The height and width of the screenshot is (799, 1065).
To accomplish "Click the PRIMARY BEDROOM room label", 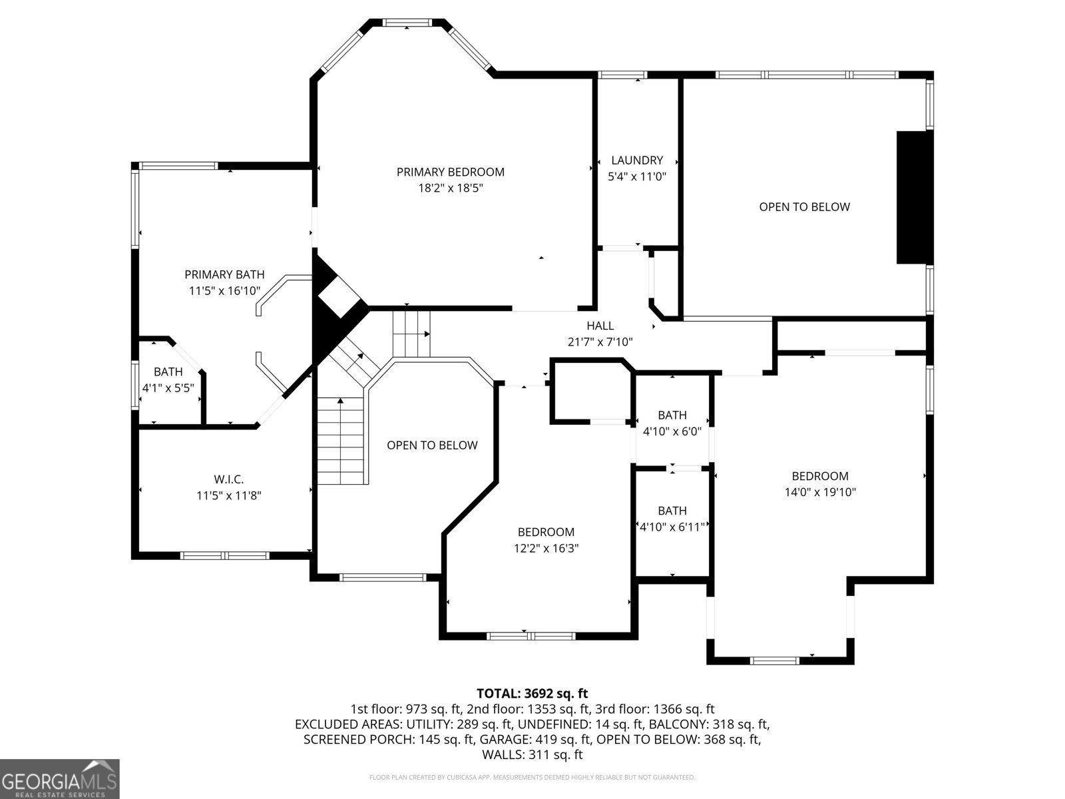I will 451,172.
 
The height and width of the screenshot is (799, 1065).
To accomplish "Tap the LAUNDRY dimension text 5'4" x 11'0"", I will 637,176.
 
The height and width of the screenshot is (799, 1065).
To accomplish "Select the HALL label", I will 600,326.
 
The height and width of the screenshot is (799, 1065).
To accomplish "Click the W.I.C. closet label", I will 228,479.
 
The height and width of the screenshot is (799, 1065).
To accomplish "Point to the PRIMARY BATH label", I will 224,274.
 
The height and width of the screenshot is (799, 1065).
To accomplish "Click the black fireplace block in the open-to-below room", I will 915,197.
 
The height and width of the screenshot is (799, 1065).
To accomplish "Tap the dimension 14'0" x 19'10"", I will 820,492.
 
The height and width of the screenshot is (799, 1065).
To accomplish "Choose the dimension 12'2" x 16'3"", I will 546,548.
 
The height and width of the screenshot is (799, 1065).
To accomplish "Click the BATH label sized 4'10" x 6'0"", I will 672,415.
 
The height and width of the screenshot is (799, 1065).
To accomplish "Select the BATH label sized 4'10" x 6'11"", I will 672,511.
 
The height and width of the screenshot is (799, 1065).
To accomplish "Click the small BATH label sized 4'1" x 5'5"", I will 168,372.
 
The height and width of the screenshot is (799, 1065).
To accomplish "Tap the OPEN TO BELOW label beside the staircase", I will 432,445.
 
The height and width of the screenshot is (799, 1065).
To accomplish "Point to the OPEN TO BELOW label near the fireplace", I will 804,206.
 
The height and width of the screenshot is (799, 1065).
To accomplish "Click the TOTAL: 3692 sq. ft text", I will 532,694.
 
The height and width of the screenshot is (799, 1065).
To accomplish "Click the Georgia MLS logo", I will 60,778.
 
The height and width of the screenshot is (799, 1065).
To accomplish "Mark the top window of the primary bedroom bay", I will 407,23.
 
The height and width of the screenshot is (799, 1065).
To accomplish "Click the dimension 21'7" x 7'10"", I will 600,342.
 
